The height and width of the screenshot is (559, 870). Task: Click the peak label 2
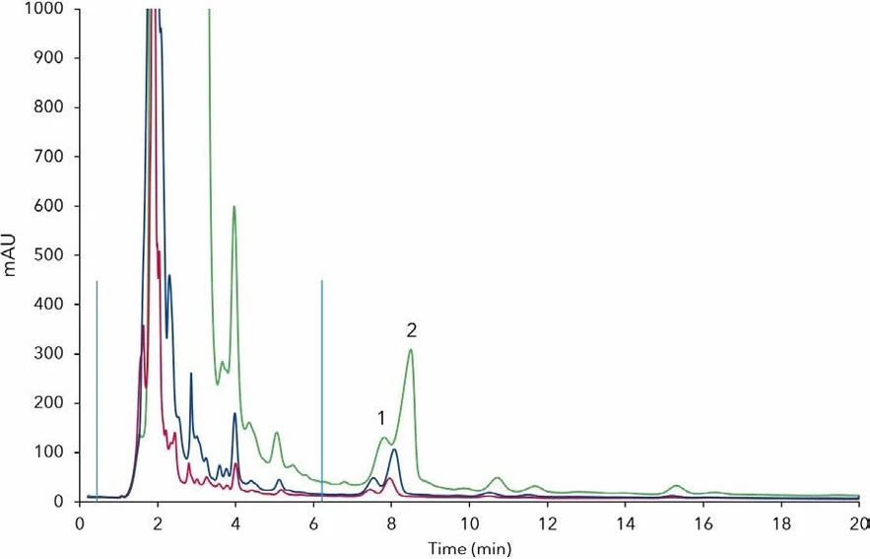(411, 330)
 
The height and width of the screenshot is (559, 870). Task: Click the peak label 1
(380, 418)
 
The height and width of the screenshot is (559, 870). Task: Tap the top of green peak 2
(411, 350)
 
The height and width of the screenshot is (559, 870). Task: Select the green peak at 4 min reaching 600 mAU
(234, 207)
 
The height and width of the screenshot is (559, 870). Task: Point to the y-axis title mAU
(11, 255)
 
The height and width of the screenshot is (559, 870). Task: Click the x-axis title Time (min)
(469, 545)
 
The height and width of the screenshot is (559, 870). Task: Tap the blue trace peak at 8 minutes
(393, 451)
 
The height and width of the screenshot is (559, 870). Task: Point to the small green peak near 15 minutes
(676, 486)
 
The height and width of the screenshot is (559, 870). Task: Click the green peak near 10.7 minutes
(499, 478)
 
